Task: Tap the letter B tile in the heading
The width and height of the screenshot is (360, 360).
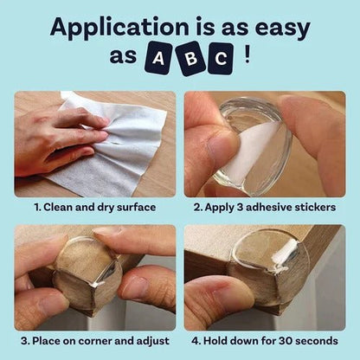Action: coord(189,58)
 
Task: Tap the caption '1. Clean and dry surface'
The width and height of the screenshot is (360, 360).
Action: coord(93,209)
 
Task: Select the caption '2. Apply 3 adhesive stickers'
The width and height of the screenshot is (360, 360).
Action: coord(264,209)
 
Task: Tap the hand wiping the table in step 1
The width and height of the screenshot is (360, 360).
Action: coord(56,138)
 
